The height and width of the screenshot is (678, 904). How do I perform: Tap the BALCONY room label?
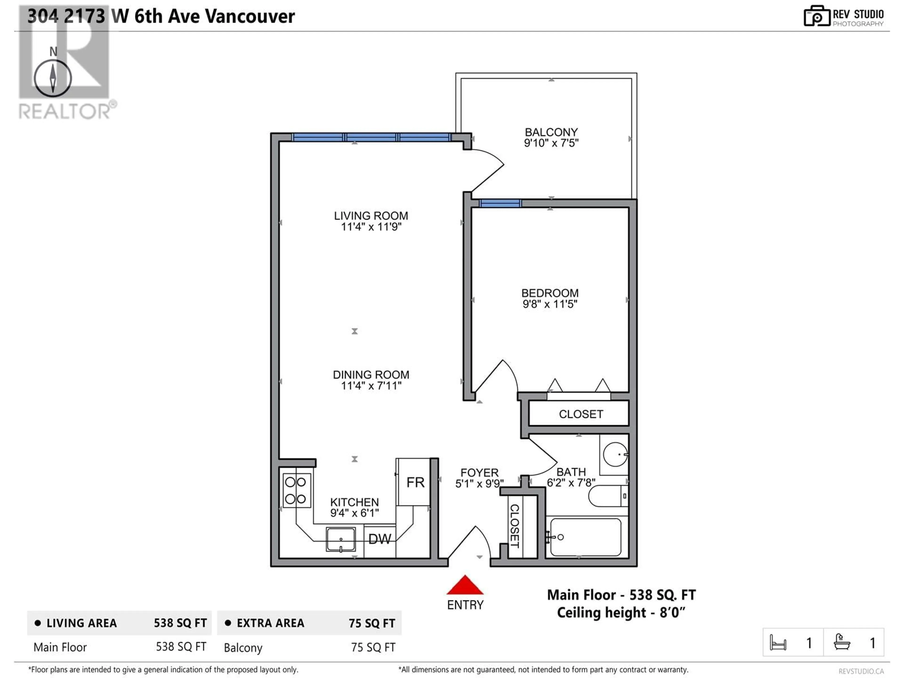point(551,132)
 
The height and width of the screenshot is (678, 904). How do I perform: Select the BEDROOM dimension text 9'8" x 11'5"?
point(550,304)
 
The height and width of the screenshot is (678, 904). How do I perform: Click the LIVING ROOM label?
point(371,216)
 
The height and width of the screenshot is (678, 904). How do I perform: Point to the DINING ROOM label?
point(371,375)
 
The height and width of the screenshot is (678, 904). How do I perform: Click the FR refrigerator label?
point(415,483)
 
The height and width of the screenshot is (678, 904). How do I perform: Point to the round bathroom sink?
point(615,454)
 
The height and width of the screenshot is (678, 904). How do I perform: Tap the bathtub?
point(586,537)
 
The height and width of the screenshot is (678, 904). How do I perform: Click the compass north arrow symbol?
point(53,78)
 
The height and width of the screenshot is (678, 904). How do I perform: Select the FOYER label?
point(479,473)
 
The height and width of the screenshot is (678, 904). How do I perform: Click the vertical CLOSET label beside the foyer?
point(515,526)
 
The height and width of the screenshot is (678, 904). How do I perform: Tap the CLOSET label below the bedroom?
point(581,414)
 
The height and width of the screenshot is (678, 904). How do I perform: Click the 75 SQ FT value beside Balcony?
point(373,647)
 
